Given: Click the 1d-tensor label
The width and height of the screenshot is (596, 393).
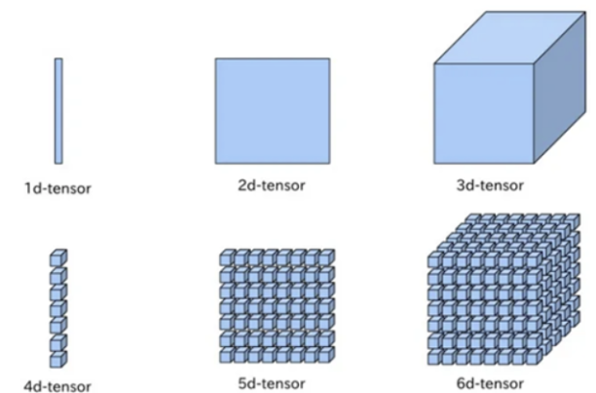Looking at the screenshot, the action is [58, 186].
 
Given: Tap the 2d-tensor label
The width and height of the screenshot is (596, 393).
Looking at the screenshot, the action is [271, 184].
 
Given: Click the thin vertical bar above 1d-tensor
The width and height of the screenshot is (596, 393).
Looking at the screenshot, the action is [58, 110].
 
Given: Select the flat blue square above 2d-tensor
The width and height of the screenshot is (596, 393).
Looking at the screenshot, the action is [272, 110].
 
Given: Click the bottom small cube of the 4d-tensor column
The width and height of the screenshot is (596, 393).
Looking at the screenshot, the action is [57, 359].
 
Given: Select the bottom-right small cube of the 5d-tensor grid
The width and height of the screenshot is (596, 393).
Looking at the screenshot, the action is [323, 356].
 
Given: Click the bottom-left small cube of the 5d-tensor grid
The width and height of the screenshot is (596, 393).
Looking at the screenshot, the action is [225, 356].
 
